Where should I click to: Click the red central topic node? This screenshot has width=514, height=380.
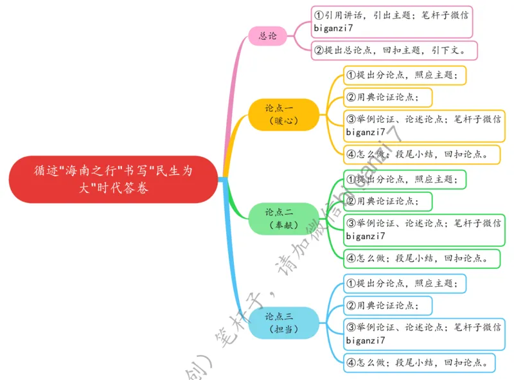[113, 179]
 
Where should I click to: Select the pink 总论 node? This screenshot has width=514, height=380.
[268, 36]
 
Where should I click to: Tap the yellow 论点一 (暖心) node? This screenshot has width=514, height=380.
[283, 114]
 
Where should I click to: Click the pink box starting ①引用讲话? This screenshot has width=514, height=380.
[392, 22]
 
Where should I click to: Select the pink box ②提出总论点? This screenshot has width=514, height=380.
[394, 50]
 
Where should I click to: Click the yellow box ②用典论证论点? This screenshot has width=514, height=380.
[387, 98]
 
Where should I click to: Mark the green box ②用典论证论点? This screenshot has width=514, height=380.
[387, 202]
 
